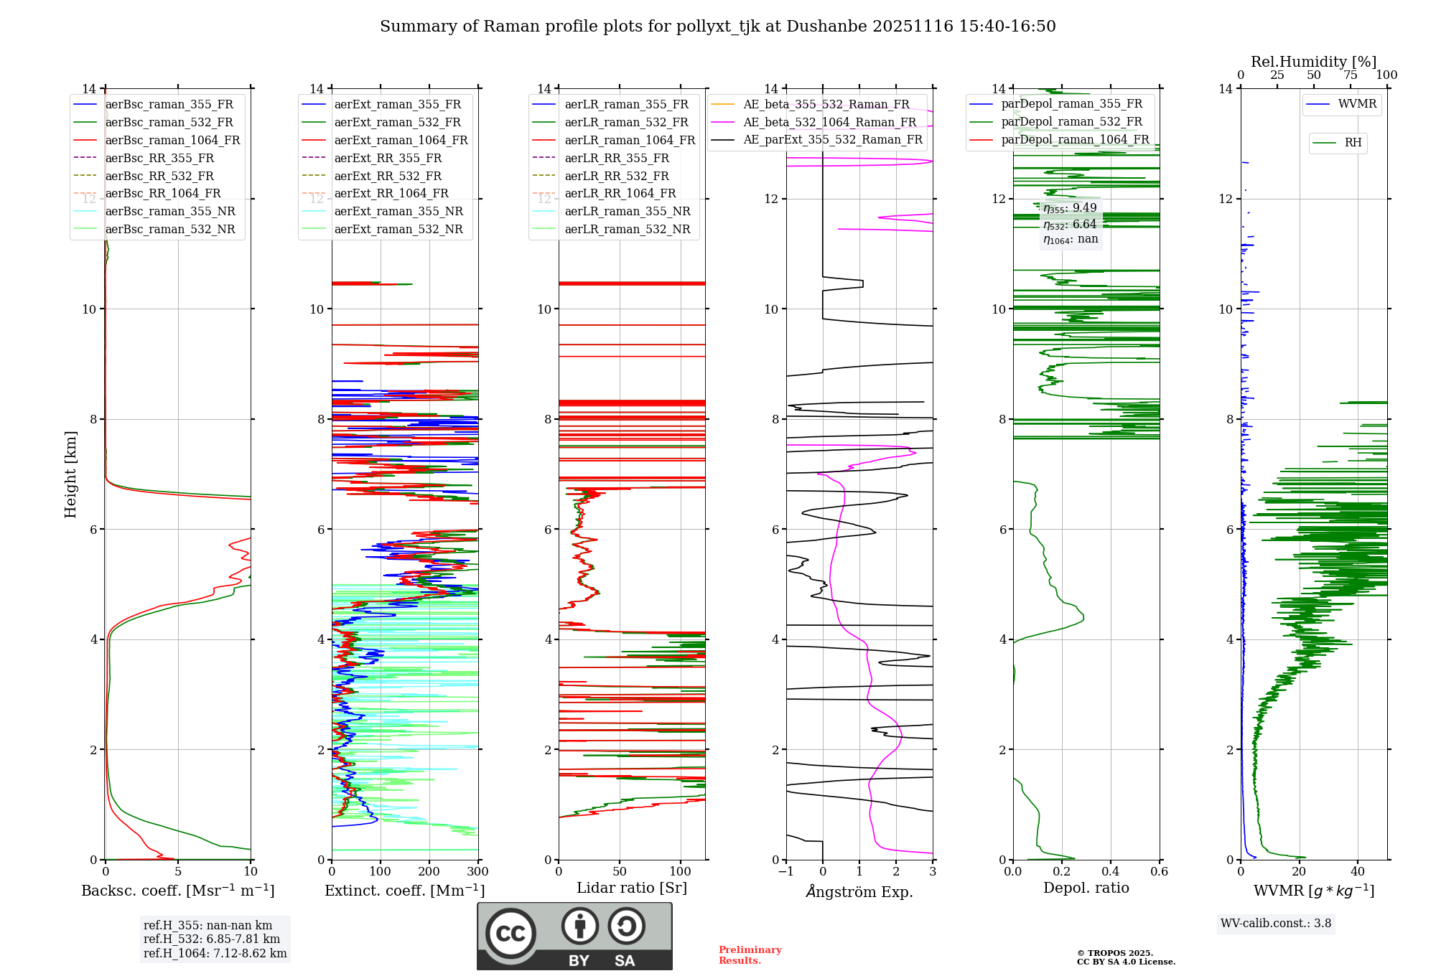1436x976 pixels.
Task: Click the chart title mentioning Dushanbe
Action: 717,27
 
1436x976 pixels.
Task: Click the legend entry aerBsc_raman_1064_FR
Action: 172,140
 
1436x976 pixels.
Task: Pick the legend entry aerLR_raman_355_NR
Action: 627,211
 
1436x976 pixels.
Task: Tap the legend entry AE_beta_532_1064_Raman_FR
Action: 829,122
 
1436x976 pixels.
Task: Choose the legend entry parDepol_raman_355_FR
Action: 1071,104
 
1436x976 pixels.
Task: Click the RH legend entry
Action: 1353,143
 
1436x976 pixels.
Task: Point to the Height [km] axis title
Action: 70,474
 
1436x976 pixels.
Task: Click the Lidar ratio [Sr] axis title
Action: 632,888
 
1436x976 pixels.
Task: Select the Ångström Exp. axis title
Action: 859,891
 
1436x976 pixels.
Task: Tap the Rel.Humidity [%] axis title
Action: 1313,62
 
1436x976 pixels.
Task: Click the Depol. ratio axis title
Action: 1086,888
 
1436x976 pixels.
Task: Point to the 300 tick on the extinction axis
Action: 477,872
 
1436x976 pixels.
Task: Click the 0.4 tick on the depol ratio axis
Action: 1110,872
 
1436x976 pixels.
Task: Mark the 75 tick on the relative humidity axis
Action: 1351,75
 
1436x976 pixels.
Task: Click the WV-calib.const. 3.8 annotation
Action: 1276,924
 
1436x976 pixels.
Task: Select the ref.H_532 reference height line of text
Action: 212,939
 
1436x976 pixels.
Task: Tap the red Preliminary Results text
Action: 750,954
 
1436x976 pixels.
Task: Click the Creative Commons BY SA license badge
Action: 574,936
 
